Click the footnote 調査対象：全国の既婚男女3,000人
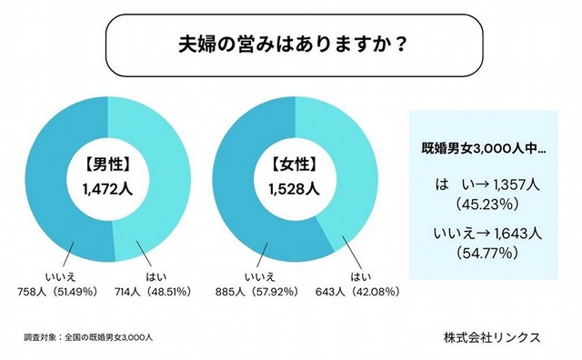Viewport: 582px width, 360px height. click(88, 337)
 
